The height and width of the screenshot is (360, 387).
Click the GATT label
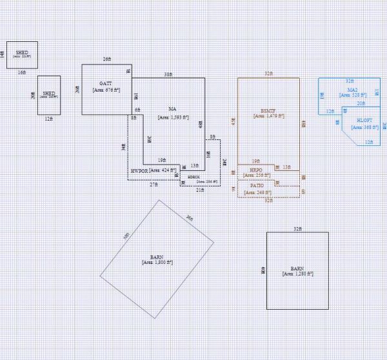(x=106, y=84)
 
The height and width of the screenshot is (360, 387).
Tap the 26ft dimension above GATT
(x=106, y=59)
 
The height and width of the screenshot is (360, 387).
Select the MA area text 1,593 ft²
(x=173, y=117)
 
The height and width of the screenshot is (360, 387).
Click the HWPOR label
(x=141, y=171)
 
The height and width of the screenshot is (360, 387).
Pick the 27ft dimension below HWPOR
(x=154, y=185)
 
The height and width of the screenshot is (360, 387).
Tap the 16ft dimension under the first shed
(x=21, y=73)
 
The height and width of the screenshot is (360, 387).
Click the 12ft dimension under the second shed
(x=48, y=119)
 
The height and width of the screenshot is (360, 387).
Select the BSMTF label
(x=268, y=110)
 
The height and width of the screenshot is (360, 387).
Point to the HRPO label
(x=256, y=169)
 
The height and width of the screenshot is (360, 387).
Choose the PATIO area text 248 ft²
(x=256, y=192)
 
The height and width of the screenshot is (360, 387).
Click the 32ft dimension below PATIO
(x=268, y=201)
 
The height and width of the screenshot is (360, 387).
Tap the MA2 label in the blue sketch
(x=352, y=90)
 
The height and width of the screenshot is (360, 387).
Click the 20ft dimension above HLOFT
(x=361, y=103)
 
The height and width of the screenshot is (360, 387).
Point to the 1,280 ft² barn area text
(x=297, y=274)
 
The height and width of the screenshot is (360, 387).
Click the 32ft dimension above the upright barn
(x=297, y=228)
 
